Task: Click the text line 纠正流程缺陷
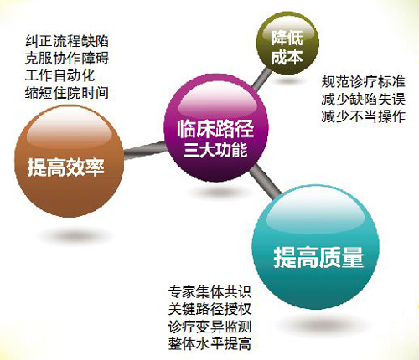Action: point(67,41)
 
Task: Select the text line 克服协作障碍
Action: point(67,59)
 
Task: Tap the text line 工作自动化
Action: point(59,75)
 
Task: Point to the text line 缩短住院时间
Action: point(67,93)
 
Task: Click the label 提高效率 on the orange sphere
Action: point(66,167)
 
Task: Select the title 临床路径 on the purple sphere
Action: point(215,129)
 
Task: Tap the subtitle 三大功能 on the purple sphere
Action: point(215,150)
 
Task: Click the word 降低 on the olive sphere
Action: point(287,38)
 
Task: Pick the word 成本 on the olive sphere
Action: point(287,58)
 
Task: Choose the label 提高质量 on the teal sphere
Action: point(318,257)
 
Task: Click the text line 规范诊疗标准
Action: point(363,82)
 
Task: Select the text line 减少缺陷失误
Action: point(363,100)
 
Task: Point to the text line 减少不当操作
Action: point(363,116)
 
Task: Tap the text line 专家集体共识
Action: point(209,292)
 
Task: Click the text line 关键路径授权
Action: point(209,309)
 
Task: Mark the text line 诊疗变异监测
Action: point(209,327)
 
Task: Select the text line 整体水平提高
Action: point(209,343)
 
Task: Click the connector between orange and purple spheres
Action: point(145,150)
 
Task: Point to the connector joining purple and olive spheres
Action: point(261,80)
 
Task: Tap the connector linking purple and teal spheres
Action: point(265,182)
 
